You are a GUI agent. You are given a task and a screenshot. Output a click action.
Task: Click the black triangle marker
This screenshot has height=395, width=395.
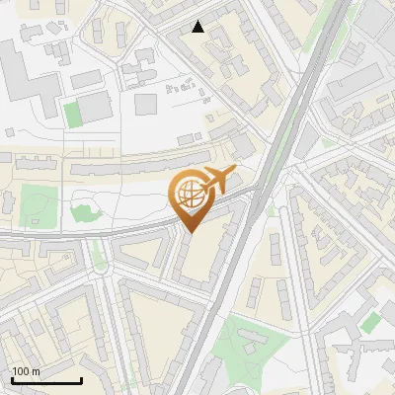click(197, 27)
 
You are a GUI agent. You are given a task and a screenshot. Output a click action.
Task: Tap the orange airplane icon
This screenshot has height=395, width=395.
click(215, 181)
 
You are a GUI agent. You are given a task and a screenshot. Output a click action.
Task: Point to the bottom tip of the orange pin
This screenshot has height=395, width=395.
click(190, 232)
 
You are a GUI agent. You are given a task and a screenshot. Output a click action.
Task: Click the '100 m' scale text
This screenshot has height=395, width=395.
click(27, 370)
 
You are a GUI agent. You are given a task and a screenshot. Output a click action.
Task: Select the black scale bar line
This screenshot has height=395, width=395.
click(46, 380)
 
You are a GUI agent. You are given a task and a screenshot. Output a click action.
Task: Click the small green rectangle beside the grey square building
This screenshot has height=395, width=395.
click(72, 114)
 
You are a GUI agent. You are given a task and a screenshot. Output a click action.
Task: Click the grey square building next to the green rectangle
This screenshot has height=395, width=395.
click(96, 107)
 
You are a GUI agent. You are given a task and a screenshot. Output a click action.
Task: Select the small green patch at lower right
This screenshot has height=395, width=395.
click(370, 323)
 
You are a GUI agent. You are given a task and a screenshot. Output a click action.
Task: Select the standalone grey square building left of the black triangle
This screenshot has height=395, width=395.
click(145, 104)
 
